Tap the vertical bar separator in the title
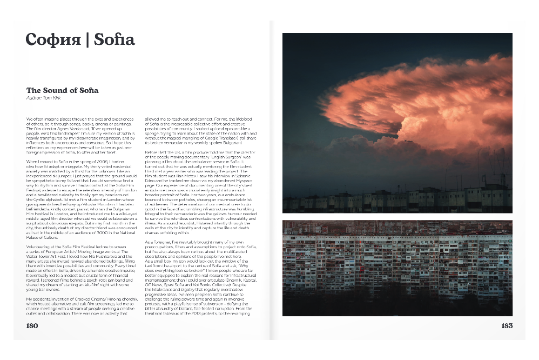coord(88,39)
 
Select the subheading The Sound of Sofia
coord(62,90)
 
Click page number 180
coord(32,326)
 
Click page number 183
coord(506,326)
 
